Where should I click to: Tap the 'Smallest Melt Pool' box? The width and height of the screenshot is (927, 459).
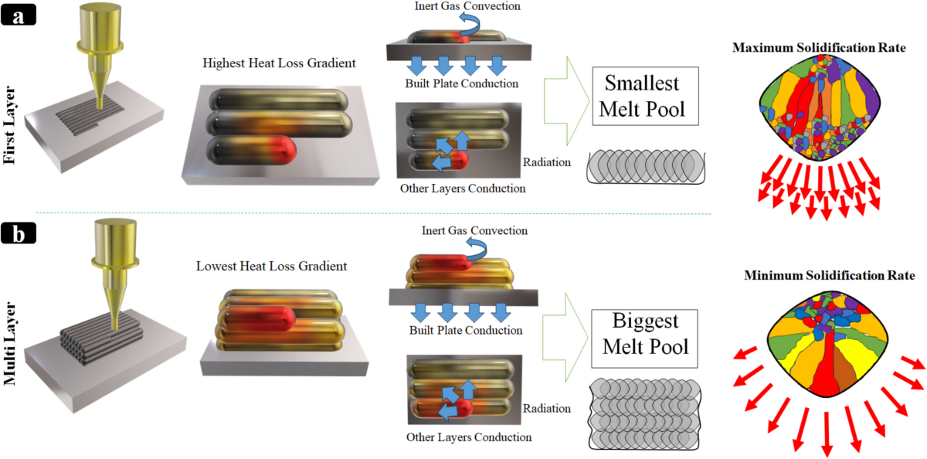pyautogui.click(x=644, y=96)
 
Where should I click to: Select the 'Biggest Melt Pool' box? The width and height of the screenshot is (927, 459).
pyautogui.click(x=645, y=333)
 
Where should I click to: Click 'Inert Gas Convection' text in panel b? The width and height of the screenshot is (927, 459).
pyautogui.click(x=474, y=230)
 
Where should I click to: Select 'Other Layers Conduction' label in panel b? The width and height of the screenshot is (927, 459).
pyautogui.click(x=469, y=437)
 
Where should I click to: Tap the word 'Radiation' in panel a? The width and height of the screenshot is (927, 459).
pyautogui.click(x=547, y=162)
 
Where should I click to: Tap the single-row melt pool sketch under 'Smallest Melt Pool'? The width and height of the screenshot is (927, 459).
pyautogui.click(x=644, y=168)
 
